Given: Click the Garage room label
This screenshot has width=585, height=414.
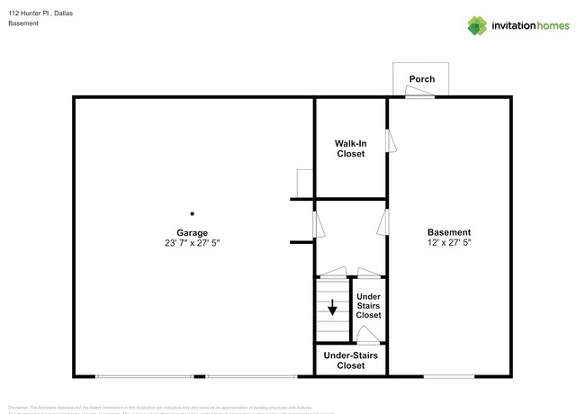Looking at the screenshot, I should coord(192,232).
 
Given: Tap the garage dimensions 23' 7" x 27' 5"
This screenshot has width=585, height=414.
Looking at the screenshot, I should coord(192,243).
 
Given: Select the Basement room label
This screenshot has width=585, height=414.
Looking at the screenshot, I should coord(448,232).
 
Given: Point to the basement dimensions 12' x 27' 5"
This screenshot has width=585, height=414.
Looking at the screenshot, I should coord(448,243).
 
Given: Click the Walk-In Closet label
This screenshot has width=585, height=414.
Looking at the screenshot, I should coord(350,148).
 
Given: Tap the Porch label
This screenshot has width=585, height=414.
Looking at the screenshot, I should coord(422,79).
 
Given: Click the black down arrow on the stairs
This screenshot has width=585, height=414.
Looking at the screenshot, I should coord(332,309).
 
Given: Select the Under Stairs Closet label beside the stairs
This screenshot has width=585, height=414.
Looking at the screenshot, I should coord(368,305).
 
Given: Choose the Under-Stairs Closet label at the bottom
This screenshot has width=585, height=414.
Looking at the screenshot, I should coord(350,360).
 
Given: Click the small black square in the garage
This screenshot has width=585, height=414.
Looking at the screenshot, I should coord(192,213).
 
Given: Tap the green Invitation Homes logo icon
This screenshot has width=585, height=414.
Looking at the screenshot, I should coord(477,25).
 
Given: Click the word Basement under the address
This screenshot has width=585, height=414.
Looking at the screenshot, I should coord(24,24).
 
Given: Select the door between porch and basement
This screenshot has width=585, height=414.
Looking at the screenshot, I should coord(419,95).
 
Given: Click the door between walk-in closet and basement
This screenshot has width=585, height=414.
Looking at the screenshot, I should coord(390,141).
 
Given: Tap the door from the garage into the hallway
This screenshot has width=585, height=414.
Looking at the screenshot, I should coord(315,224).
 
